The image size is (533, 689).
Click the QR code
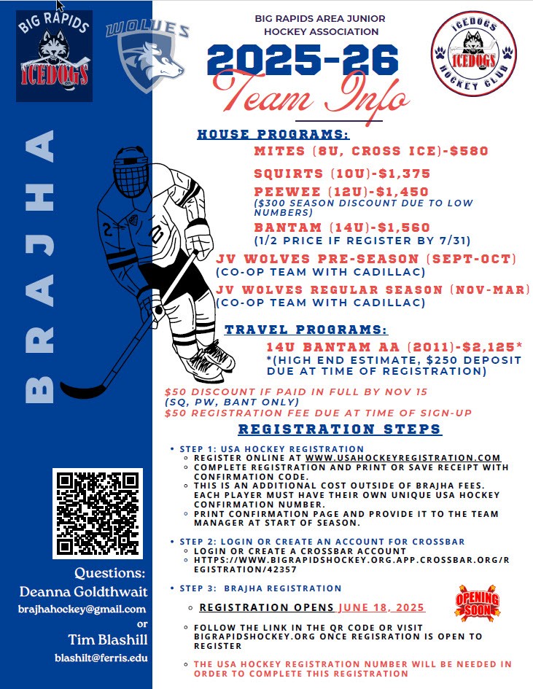[x=97, y=513]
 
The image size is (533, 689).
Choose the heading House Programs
[x=273, y=134]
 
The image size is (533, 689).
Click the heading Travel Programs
[x=306, y=330]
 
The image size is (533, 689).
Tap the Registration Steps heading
[x=339, y=429]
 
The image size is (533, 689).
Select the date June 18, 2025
[x=381, y=607]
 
